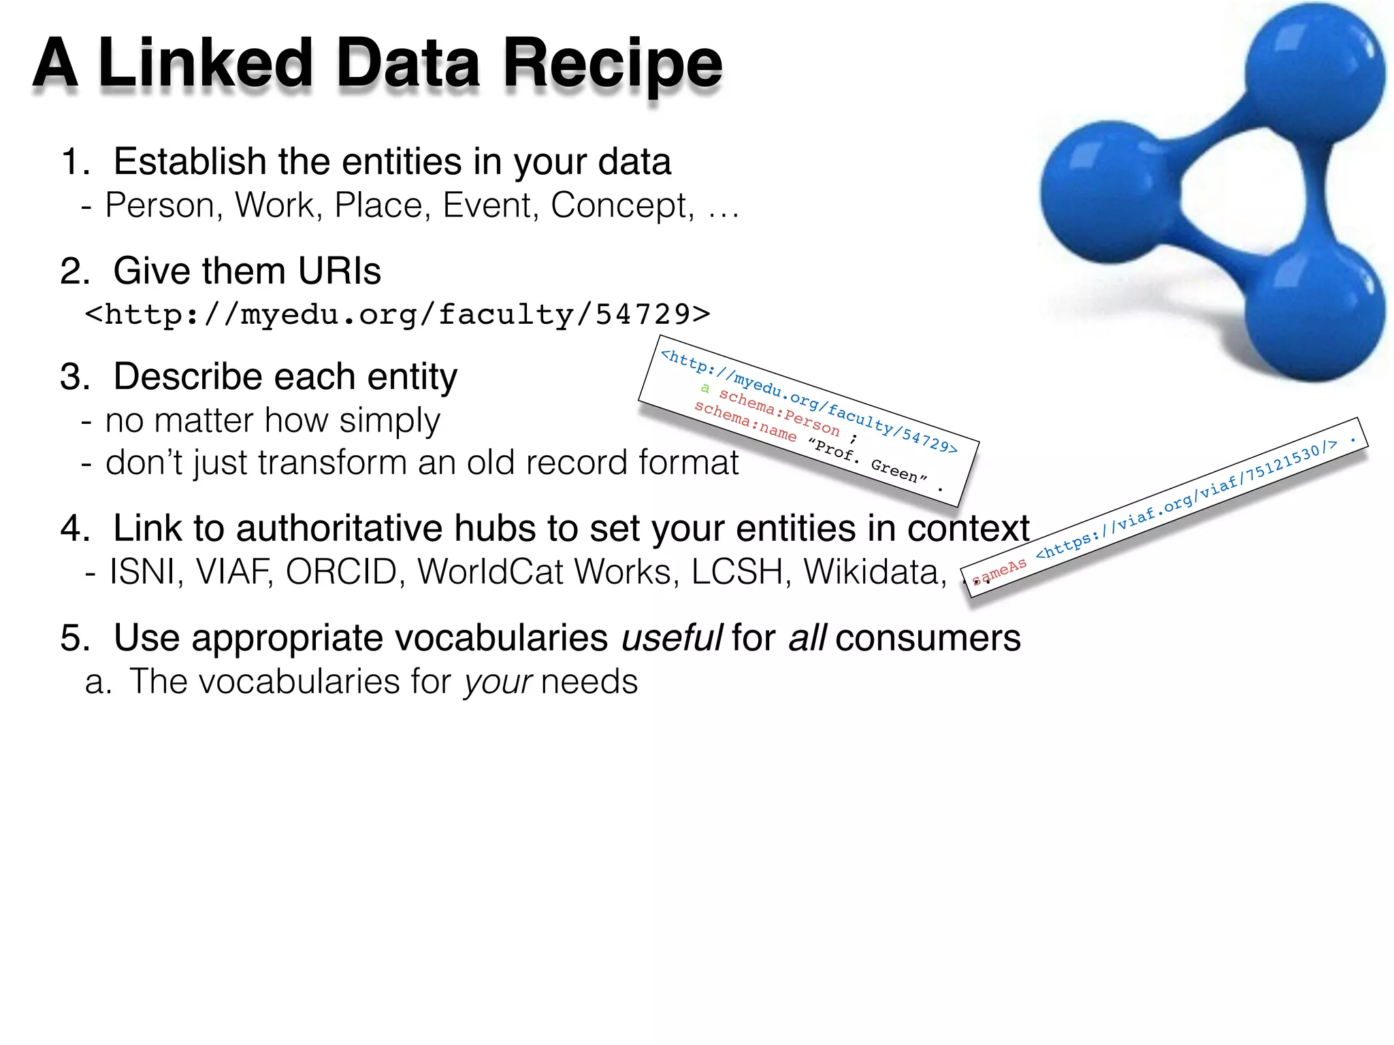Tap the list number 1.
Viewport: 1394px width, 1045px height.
74,163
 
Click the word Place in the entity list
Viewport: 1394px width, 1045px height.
378,205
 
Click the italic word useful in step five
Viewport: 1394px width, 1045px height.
671,638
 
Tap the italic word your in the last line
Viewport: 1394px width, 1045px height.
498,682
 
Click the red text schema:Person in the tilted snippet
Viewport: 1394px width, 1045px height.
779,412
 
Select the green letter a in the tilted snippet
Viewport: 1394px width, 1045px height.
705,388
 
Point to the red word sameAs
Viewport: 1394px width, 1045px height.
999,571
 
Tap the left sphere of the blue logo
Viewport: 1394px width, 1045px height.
1109,192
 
